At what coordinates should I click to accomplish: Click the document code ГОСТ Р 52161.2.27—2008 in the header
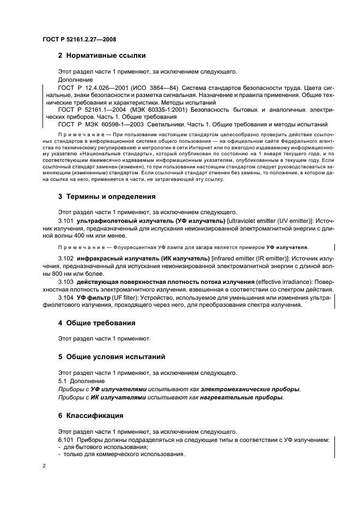(78, 39)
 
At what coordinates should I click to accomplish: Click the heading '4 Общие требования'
(97, 323)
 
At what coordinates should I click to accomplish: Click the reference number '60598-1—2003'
(113, 124)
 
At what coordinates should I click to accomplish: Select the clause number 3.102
(66, 258)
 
